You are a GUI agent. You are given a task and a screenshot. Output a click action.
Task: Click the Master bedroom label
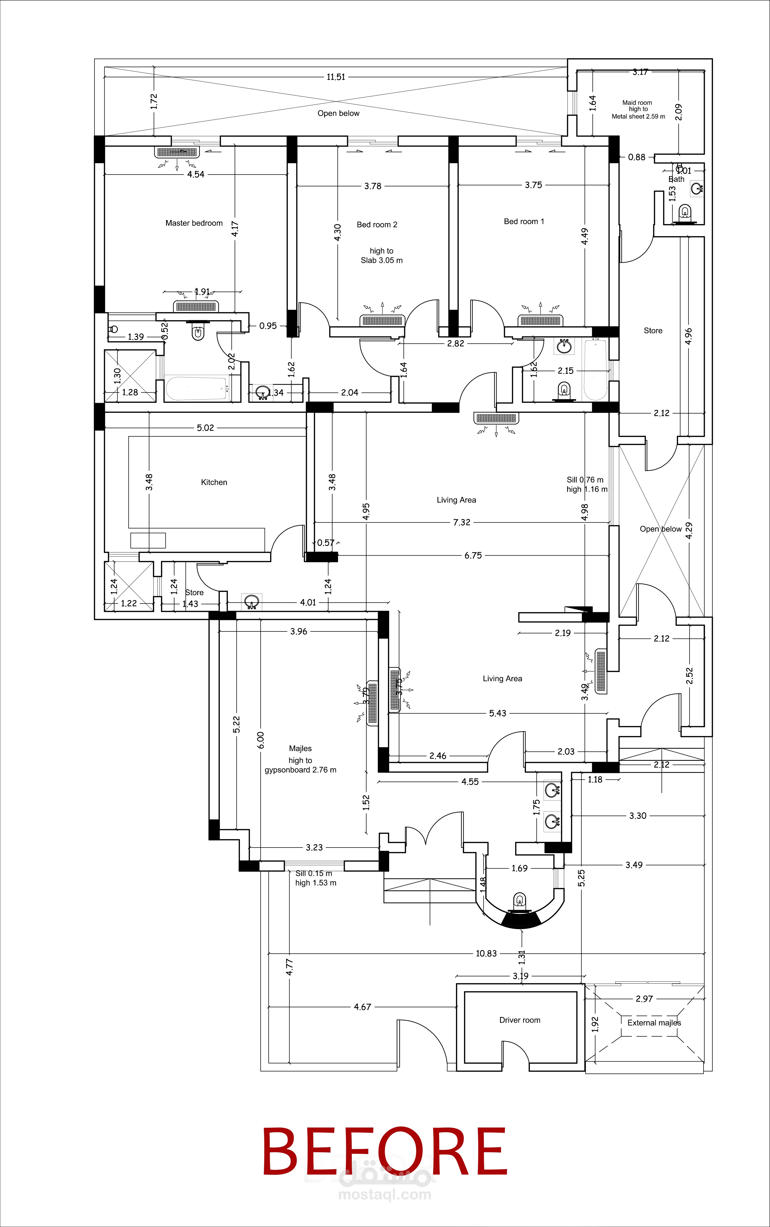click(x=194, y=223)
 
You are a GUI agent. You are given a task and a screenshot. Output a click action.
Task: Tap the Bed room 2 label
click(x=377, y=225)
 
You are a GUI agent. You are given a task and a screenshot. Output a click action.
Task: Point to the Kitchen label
click(x=214, y=482)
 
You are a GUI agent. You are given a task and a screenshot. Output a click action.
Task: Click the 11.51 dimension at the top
click(x=336, y=77)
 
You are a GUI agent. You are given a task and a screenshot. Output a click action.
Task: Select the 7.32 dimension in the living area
click(x=461, y=522)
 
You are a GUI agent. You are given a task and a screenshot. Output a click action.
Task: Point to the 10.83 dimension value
click(x=486, y=953)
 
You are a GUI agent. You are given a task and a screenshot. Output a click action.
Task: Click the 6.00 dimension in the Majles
click(x=261, y=740)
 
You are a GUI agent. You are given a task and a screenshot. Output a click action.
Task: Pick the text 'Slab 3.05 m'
click(x=381, y=260)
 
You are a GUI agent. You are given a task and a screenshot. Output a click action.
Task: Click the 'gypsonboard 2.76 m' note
click(x=300, y=770)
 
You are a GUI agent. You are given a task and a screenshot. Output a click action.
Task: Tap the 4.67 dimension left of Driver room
click(x=362, y=1007)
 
